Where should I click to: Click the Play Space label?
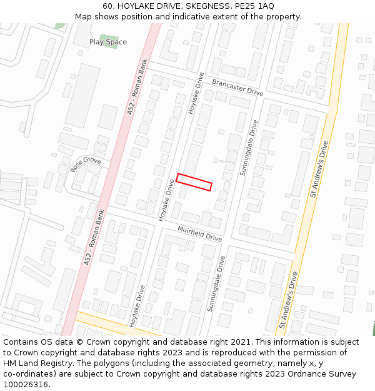coord(107,42)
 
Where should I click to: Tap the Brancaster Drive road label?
coord(237,87)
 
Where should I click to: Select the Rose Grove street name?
coord(86,165)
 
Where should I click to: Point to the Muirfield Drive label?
coord(200,234)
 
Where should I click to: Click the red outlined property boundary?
coord(194,182)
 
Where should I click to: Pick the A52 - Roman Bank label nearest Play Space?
coord(137,87)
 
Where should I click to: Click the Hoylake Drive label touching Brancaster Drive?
coord(196,93)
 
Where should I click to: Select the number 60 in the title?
coord(108,6)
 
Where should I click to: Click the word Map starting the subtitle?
coord(84,17)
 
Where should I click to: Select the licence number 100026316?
coord(26,384)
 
